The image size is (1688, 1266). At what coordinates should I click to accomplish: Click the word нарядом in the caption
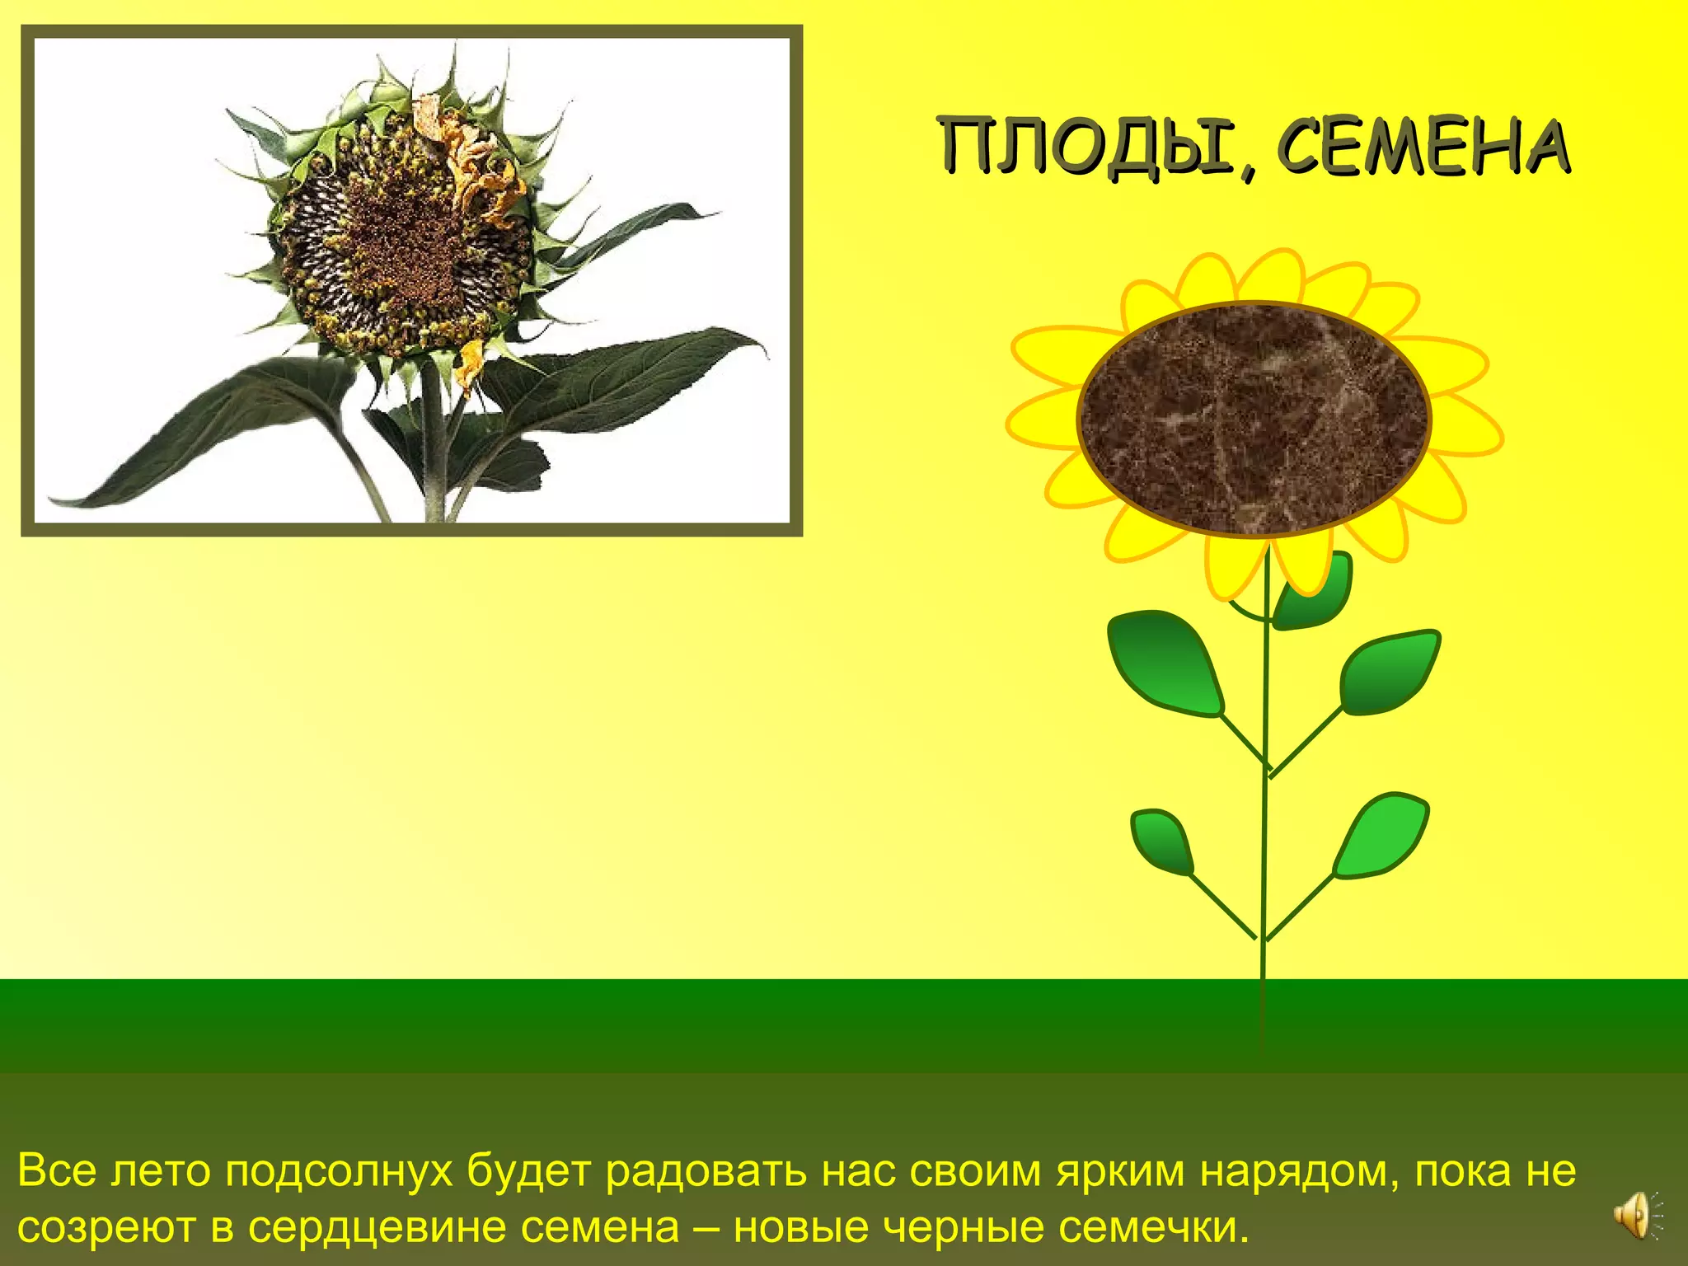[1293, 1170]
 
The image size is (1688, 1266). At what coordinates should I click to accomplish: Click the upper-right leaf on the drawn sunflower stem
[1389, 672]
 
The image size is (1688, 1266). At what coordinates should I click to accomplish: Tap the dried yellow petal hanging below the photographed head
[471, 363]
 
